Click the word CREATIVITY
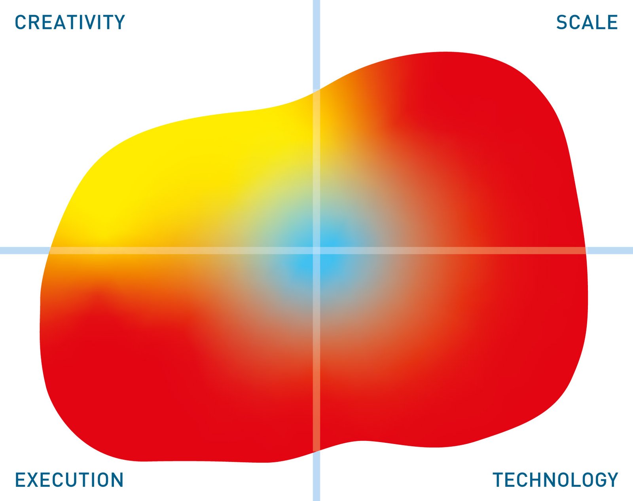click(x=70, y=22)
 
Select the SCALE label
click(x=587, y=22)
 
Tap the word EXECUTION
click(x=69, y=480)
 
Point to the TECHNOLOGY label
click(x=555, y=480)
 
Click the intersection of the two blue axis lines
click(x=316, y=250)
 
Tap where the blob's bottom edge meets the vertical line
click(x=316, y=450)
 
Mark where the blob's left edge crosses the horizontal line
click(x=49, y=250)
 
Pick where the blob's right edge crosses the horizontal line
click(x=586, y=250)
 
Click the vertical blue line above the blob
click(x=316, y=45)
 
